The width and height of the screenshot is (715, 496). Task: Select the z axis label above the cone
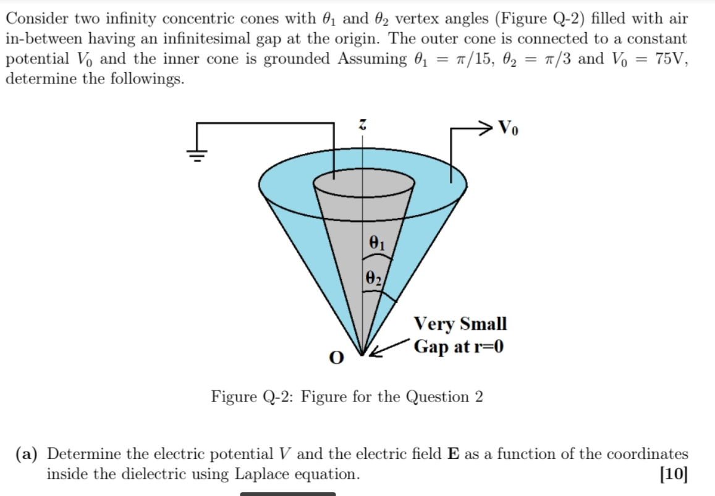(364, 125)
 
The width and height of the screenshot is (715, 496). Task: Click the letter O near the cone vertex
(336, 358)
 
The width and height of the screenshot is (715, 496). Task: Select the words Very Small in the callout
(460, 324)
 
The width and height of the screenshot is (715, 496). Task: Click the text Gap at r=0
(459, 346)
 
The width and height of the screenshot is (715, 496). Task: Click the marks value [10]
(674, 474)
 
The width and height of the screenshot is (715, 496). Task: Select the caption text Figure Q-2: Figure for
(297, 397)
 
